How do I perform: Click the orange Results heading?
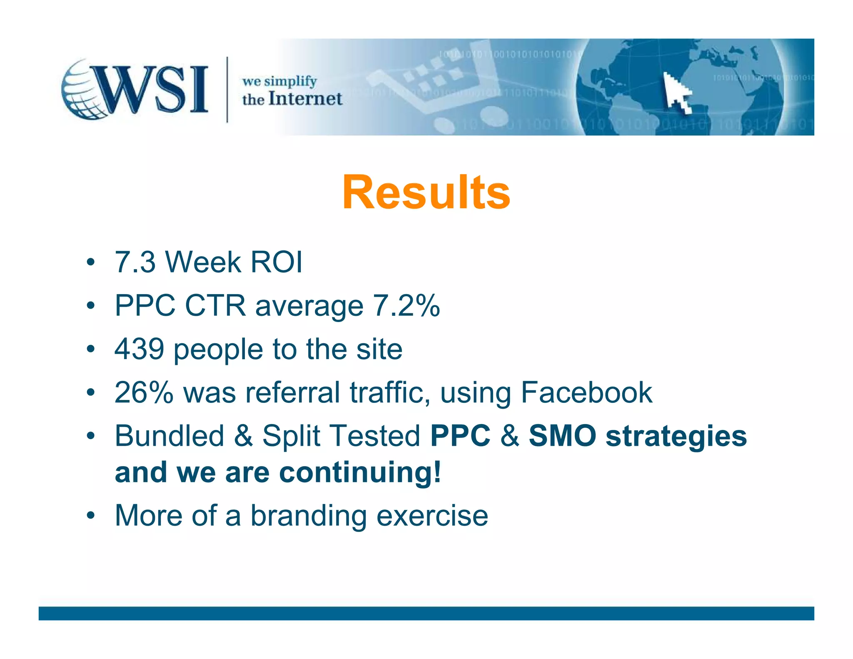click(426, 192)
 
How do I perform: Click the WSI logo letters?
click(152, 89)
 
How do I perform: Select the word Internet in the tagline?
click(305, 99)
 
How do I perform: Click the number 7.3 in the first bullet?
click(135, 262)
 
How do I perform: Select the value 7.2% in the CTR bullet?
click(406, 306)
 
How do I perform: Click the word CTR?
click(215, 306)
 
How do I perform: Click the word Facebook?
click(586, 392)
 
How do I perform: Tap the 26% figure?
click(144, 392)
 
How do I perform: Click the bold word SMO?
click(562, 436)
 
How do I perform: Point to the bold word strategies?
click(676, 437)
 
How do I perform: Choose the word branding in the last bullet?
click(309, 516)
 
